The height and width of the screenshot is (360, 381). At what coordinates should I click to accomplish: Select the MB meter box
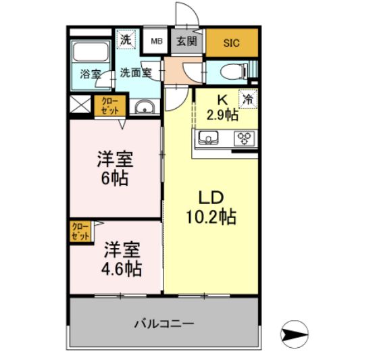click(156, 41)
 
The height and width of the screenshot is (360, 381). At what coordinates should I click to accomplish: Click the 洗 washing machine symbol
click(126, 40)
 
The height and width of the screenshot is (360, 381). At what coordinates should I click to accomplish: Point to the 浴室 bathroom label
click(91, 74)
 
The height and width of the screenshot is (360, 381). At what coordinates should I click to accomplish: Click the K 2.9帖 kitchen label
click(222, 107)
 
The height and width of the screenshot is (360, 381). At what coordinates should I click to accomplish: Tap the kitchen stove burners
click(243, 139)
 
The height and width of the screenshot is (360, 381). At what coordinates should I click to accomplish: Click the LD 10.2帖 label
click(210, 207)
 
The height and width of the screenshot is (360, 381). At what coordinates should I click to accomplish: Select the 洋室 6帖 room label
click(114, 168)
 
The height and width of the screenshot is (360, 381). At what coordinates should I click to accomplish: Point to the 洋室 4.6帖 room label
click(122, 259)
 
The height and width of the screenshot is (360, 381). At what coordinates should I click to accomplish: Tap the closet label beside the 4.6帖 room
click(79, 231)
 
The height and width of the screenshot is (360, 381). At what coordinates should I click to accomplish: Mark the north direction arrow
click(294, 333)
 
